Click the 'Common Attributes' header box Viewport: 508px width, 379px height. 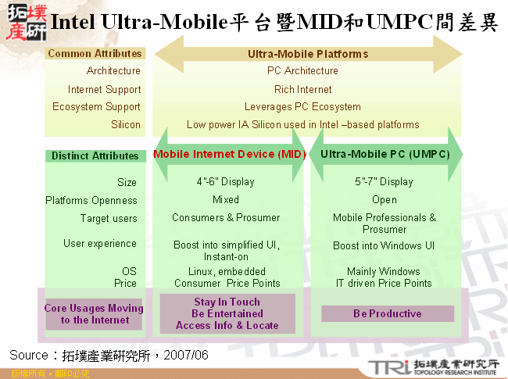pyautogui.click(x=95, y=54)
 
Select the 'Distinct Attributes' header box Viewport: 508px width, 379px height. pyautogui.click(x=95, y=156)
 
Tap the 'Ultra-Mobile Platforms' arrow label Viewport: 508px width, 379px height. pyautogui.click(x=308, y=54)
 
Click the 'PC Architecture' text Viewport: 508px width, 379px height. pyautogui.click(x=302, y=71)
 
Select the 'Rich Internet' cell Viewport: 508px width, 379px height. pyautogui.click(x=302, y=89)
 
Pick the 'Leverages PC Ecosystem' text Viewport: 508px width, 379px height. pyautogui.click(x=302, y=107)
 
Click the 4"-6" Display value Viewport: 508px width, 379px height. pyautogui.click(x=225, y=182)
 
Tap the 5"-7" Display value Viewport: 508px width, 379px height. pyautogui.click(x=384, y=182)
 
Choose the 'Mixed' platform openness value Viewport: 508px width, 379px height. pyautogui.click(x=225, y=200)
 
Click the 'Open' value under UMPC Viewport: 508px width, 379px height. pyautogui.click(x=384, y=200)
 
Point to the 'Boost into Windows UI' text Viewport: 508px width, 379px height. pyautogui.click(x=384, y=245)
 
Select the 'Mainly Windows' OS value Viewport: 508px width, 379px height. pyautogui.click(x=384, y=272)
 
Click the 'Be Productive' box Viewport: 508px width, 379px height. pyautogui.click(x=388, y=313)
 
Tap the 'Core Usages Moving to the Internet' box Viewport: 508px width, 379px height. pyautogui.click(x=95, y=313)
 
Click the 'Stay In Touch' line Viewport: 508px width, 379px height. pyautogui.click(x=227, y=302)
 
